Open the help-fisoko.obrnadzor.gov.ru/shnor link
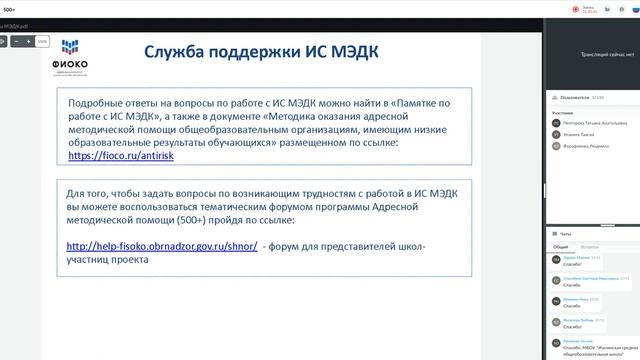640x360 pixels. click(x=162, y=246)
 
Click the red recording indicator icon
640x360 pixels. click(x=575, y=9)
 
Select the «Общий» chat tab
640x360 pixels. click(x=560, y=246)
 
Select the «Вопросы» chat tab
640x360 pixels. click(x=590, y=246)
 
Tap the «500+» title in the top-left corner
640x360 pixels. click(x=9, y=8)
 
